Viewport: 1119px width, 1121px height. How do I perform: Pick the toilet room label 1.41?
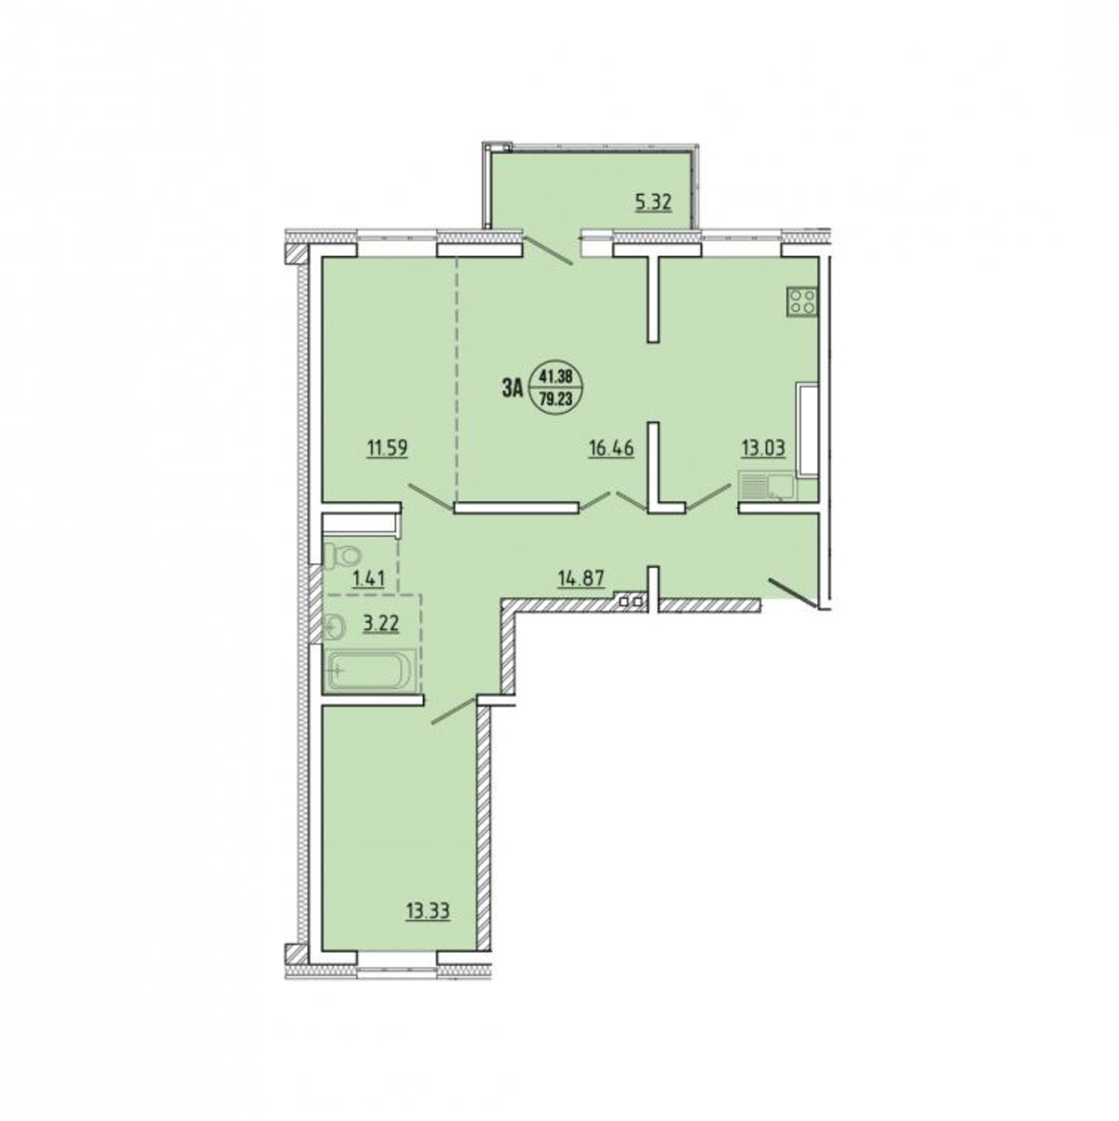369,580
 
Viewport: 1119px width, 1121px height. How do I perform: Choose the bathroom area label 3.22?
382,626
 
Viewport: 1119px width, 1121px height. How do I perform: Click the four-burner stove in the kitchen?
802,302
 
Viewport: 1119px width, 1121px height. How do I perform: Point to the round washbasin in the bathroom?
333,627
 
